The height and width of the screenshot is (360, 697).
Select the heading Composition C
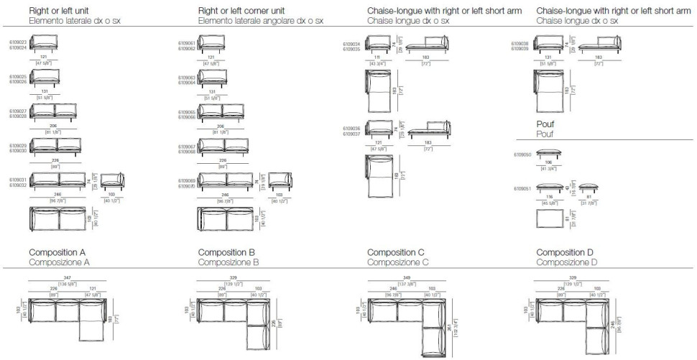[396, 253]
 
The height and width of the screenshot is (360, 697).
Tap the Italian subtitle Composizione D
[566, 263]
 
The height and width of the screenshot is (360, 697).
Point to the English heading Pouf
[546, 124]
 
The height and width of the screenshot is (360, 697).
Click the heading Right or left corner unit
[241, 11]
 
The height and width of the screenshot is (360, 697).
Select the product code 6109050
[522, 154]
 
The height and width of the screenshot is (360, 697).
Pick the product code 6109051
[522, 189]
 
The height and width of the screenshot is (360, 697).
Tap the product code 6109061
[187, 43]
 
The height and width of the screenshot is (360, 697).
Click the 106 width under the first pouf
[549, 162]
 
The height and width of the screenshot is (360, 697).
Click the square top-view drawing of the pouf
[549, 221]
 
